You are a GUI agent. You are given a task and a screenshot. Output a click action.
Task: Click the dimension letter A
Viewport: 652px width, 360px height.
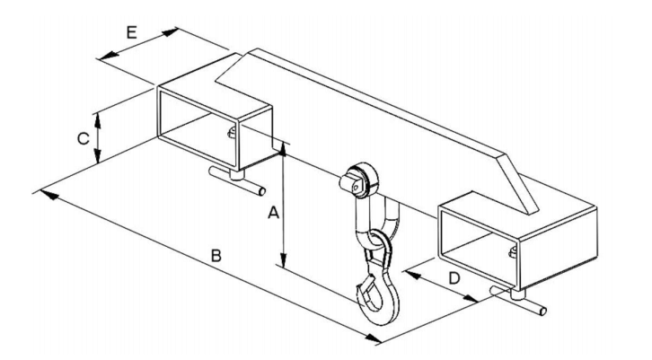pyautogui.click(x=273, y=214)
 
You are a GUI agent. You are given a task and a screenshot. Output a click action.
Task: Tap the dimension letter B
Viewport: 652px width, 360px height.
pyautogui.click(x=216, y=256)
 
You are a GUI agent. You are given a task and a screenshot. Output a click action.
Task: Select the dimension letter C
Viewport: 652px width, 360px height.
pyautogui.click(x=84, y=138)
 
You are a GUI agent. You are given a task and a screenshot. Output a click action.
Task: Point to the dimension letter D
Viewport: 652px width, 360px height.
pyautogui.click(x=455, y=277)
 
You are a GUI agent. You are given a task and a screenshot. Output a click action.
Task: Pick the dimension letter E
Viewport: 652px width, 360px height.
pyautogui.click(x=132, y=32)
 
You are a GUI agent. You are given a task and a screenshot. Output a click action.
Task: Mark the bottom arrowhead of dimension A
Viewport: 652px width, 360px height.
pyautogui.click(x=283, y=260)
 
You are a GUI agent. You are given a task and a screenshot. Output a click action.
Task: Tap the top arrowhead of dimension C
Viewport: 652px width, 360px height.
pyautogui.click(x=97, y=119)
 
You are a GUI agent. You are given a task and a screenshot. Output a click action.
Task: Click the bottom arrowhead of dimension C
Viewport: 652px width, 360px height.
pyautogui.click(x=97, y=156)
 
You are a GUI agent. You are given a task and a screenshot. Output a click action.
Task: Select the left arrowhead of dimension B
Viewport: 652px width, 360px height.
pyautogui.click(x=48, y=194)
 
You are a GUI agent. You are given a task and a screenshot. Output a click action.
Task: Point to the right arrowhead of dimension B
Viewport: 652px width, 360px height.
pyautogui.click(x=373, y=338)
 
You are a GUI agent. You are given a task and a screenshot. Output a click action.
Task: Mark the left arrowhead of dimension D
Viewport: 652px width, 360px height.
pyautogui.click(x=412, y=275)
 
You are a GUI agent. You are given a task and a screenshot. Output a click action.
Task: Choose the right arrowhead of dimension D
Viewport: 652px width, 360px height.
pyautogui.click(x=470, y=299)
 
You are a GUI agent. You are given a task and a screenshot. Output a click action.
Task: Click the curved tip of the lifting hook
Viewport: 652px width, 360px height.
pyautogui.click(x=360, y=291)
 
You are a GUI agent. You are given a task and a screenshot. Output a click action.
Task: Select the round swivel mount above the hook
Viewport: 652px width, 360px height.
pyautogui.click(x=360, y=180)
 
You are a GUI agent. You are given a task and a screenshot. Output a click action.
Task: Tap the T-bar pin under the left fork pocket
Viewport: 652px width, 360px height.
pyautogui.click(x=237, y=180)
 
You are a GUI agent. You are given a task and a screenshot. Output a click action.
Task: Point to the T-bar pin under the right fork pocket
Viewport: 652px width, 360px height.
pyautogui.click(x=518, y=300)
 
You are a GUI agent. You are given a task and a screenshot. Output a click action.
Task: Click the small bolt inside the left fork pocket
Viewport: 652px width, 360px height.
pyautogui.click(x=232, y=132)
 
